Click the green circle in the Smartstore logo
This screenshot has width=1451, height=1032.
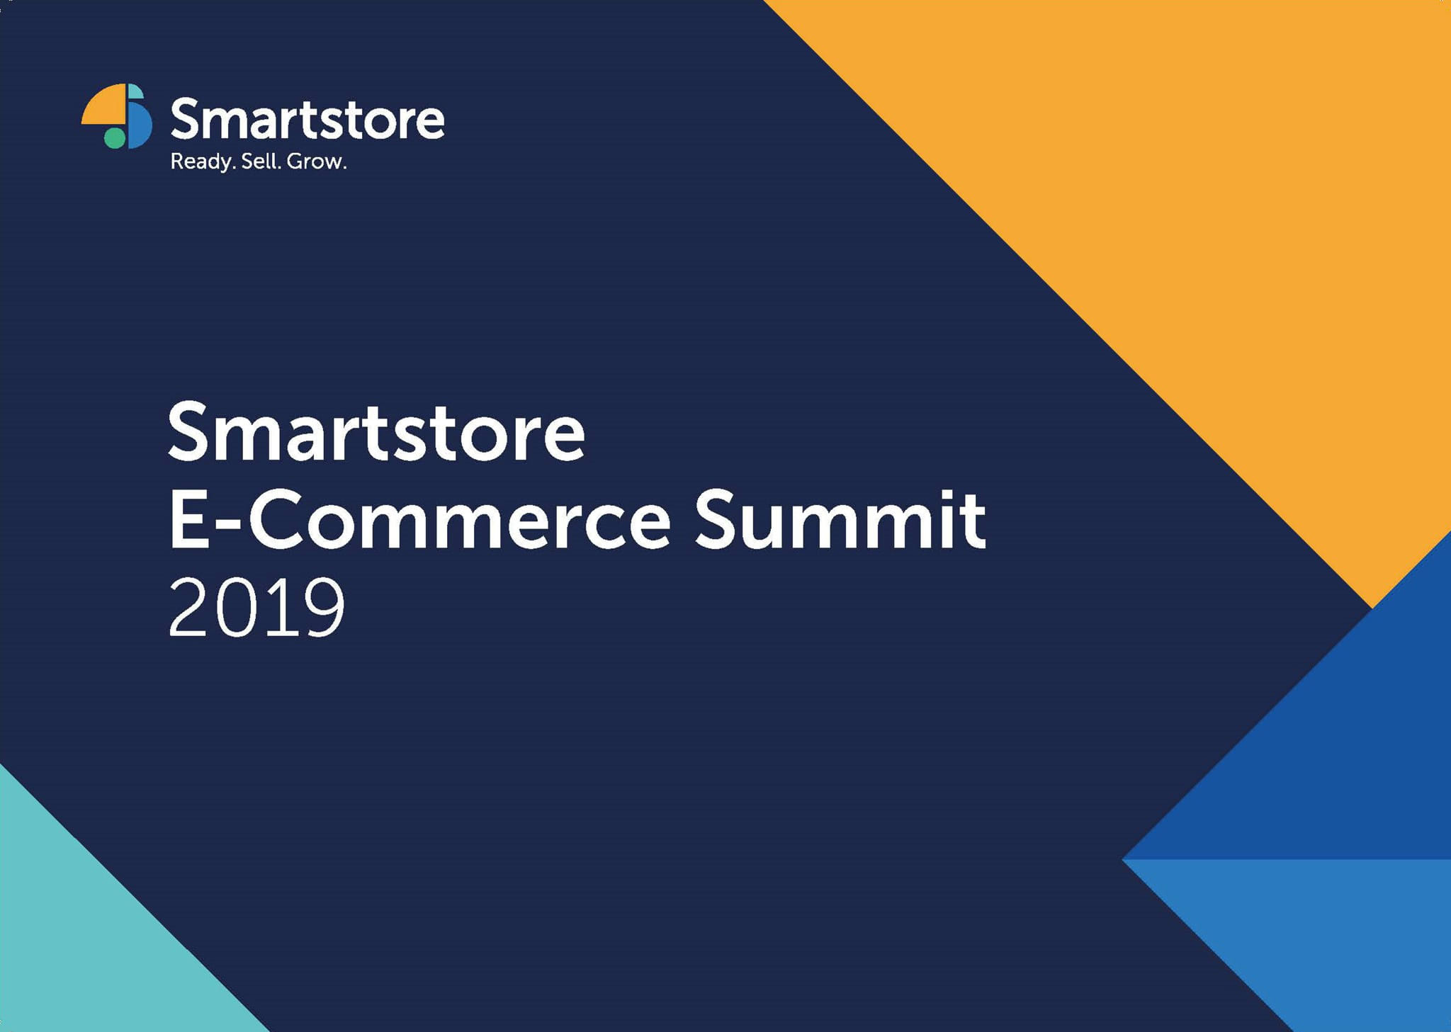tap(115, 137)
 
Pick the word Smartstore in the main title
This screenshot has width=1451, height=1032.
tap(376, 432)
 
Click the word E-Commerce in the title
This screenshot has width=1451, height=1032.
tap(419, 520)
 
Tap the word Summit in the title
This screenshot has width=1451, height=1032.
tap(840, 520)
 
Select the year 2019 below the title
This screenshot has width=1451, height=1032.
tap(256, 608)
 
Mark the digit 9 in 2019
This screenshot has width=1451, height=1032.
tap(320, 608)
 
